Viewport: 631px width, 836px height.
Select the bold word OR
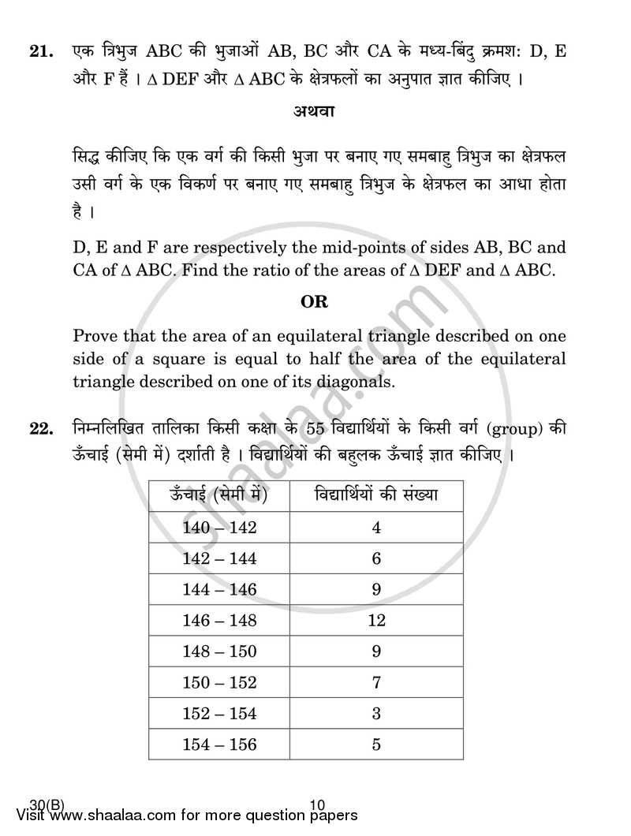coord(315,301)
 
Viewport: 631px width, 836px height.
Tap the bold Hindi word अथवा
coord(314,112)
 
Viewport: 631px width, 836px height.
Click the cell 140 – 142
coord(219,528)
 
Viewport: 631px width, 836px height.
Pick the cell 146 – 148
coord(219,621)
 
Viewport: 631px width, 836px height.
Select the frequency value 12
coord(376,621)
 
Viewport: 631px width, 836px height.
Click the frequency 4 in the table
coord(376,528)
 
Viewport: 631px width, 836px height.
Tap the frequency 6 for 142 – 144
coord(376,559)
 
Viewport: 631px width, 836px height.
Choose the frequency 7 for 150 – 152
coord(376,682)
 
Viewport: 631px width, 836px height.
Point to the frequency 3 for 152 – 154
coord(376,713)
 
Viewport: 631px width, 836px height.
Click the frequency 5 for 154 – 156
coord(376,744)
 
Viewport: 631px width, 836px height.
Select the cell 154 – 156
coord(219,744)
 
